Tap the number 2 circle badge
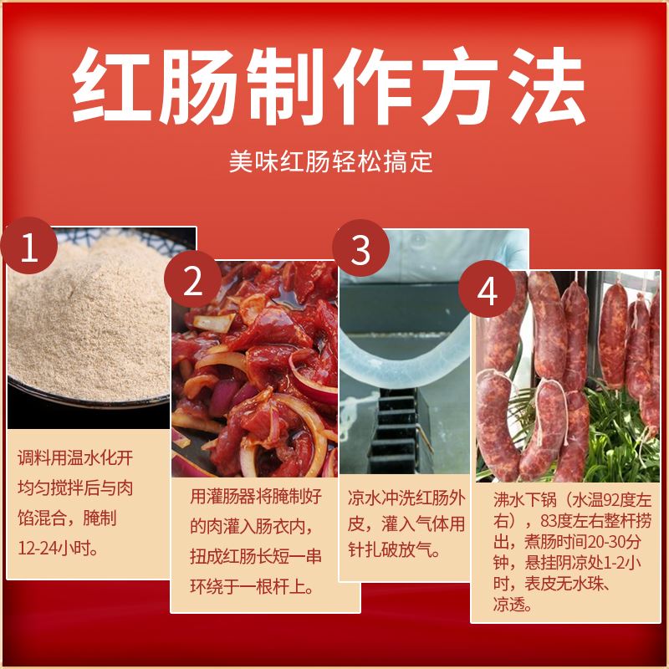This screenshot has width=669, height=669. pyautogui.click(x=192, y=283)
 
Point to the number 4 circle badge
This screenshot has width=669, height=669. pyautogui.click(x=487, y=293)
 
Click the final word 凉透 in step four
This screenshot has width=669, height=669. pyautogui.click(x=512, y=604)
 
